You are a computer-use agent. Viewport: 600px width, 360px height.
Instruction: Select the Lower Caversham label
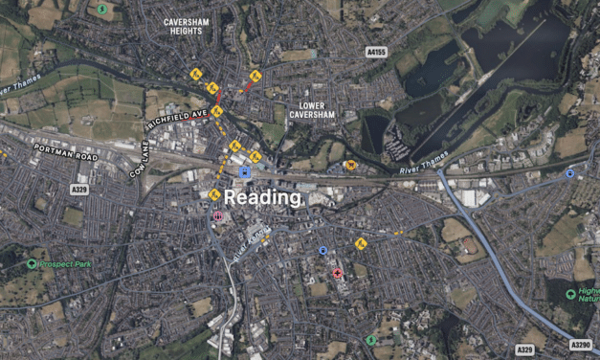pos(310,109)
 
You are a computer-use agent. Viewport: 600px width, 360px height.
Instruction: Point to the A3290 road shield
pos(580,345)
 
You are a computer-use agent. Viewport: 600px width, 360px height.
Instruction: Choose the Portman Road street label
pos(65,151)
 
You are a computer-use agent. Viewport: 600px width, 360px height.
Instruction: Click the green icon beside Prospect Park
pos(32,264)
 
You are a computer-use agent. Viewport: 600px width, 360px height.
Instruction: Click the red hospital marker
pos(337,273)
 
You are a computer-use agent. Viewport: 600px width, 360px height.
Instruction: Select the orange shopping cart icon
pos(351,165)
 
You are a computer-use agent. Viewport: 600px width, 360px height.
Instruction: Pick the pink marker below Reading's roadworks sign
pos(217,216)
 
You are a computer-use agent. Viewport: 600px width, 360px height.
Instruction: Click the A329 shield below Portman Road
pos(80,190)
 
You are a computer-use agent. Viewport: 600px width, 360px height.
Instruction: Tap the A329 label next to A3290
pos(523,349)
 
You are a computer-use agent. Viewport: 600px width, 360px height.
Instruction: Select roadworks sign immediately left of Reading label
pos(214,195)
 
